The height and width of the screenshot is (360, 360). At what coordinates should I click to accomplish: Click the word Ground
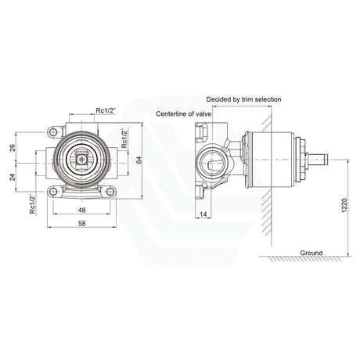tap(311, 252)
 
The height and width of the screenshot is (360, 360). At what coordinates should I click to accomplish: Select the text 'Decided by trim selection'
tap(243, 99)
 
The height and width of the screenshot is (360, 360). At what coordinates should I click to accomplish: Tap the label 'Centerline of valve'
tap(191, 113)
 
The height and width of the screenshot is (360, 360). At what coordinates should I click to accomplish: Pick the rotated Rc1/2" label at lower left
tap(32, 203)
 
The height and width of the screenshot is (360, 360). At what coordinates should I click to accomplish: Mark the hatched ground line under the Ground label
tap(301, 260)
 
